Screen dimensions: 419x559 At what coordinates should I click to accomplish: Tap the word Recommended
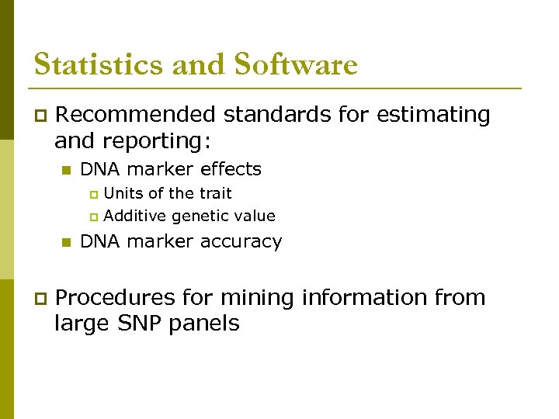(x=137, y=115)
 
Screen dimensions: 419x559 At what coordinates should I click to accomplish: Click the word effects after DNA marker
(x=231, y=169)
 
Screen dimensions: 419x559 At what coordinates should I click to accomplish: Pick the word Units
(x=123, y=193)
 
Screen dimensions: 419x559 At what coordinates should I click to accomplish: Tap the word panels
(x=209, y=323)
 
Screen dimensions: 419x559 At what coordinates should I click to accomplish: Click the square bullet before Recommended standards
(x=40, y=116)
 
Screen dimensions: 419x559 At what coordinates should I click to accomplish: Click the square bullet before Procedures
(x=40, y=298)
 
